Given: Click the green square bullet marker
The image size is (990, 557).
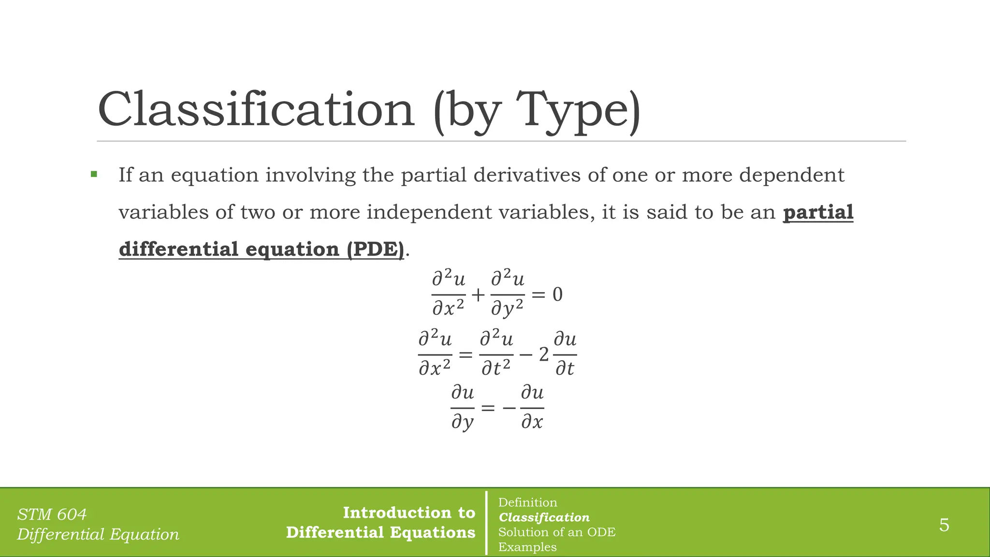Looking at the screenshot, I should tap(94, 174).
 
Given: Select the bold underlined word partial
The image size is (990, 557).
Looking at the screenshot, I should tap(818, 212).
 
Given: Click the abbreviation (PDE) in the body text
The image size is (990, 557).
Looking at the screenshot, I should tap(375, 249).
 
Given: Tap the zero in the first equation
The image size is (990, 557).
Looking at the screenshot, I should tap(557, 294).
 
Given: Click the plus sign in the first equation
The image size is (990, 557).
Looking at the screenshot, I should tap(478, 294).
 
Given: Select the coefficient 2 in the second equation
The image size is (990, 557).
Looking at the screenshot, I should tap(544, 355).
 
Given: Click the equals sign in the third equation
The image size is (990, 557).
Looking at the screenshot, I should tap(488, 408).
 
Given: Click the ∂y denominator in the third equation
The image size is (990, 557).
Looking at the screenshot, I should tap(462, 423).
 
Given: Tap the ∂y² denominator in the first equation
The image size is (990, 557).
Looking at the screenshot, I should tap(507, 308).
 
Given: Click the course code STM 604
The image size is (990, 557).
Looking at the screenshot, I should tap(52, 514).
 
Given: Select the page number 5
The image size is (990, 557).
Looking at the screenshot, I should tap(944, 525).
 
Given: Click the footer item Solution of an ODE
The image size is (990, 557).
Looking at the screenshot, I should tap(557, 532).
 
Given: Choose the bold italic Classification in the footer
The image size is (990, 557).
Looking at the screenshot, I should tap(544, 517).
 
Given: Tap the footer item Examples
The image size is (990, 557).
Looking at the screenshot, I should tap(527, 547).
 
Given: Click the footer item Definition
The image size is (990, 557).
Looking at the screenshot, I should tap(527, 502).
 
